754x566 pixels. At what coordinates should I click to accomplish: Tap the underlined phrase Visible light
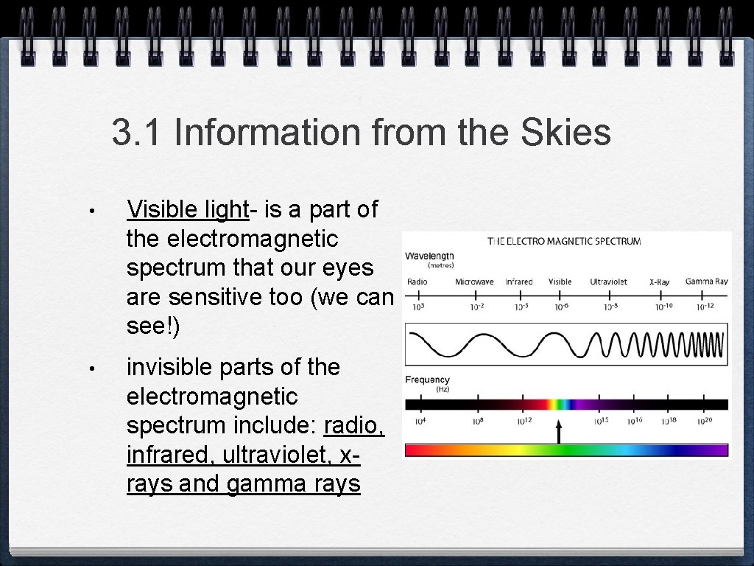click(x=188, y=209)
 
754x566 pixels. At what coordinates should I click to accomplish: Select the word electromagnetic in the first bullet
click(x=232, y=239)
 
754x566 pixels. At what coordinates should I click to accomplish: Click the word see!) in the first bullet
click(x=153, y=326)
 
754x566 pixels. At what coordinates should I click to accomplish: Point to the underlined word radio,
click(x=354, y=425)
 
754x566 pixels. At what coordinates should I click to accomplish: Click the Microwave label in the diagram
click(x=474, y=282)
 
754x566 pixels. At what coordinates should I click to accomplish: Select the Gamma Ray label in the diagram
click(x=706, y=282)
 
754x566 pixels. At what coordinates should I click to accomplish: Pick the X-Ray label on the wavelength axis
click(x=659, y=282)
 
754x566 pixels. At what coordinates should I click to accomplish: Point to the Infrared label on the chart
click(x=519, y=282)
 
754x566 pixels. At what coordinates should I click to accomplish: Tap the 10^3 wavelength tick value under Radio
click(x=417, y=307)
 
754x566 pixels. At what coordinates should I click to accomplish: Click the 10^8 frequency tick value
click(x=476, y=422)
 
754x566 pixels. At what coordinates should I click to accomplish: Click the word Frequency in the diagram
click(x=427, y=380)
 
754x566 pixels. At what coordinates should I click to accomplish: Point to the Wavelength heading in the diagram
click(x=429, y=256)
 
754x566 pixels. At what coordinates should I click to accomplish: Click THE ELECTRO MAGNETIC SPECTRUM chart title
click(x=565, y=241)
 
